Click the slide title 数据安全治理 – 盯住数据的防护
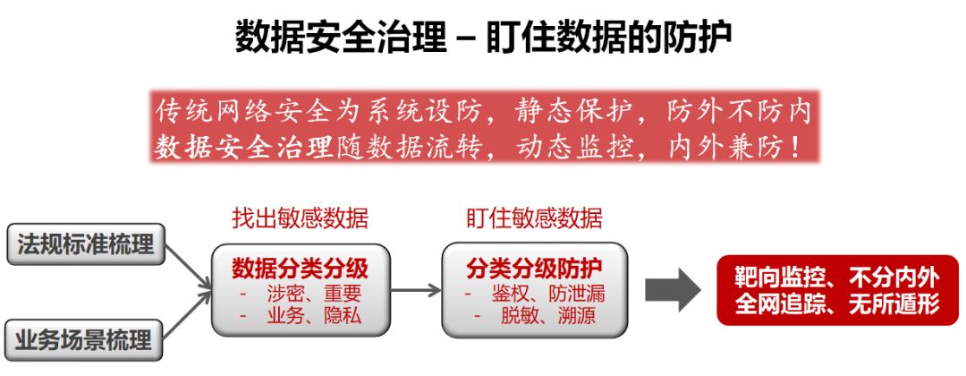point(484,37)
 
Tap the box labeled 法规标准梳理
point(86,244)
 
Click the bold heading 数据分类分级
point(300,269)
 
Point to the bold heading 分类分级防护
point(534,269)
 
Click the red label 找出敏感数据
point(300,218)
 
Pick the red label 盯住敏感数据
point(534,218)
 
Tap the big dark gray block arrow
point(673,290)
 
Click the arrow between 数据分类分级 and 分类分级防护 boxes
point(416,290)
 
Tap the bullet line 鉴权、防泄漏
point(534,294)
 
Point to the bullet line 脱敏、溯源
point(534,317)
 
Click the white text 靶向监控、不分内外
point(837,278)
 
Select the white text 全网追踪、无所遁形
point(837,303)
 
